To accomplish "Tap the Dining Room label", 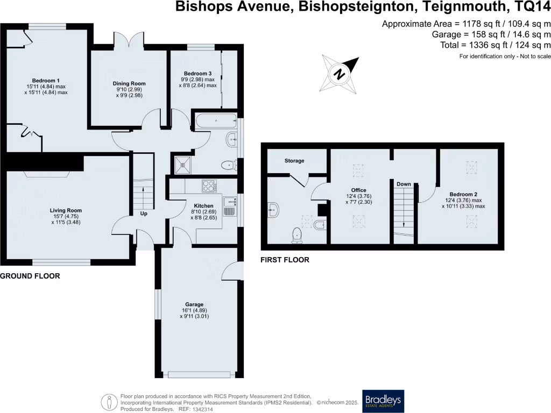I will coord(129,83).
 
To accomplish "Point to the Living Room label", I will coord(66,210).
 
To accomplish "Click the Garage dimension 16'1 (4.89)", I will coord(194,310).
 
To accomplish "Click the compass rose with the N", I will coord(340,73).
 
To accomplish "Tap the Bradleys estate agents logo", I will coord(383,401).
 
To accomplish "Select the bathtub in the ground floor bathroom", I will coord(216,121).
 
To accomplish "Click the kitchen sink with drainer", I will coord(229,205).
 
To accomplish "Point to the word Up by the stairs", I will coord(144,213).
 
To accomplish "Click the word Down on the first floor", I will coord(404,184).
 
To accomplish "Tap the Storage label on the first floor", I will coord(294,161).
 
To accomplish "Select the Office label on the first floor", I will coord(358,190).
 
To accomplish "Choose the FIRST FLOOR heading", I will coord(285,260).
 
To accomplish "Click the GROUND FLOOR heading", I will coord(30,276).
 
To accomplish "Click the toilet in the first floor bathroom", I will coord(296,233).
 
